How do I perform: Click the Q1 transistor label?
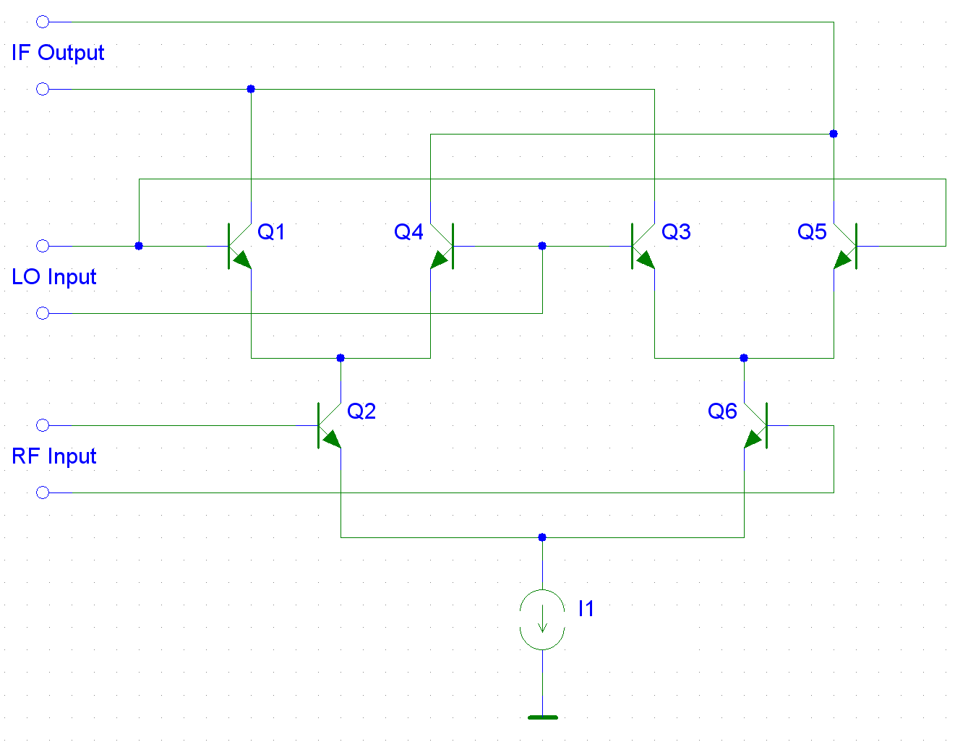[271, 231]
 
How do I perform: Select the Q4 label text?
[408, 231]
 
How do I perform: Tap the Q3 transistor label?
[676, 231]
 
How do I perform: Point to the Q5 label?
[812, 231]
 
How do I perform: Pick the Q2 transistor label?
[361, 411]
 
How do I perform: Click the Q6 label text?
[722, 411]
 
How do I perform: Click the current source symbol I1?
[542, 620]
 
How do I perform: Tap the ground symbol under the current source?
[543, 717]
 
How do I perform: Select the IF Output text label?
[57, 53]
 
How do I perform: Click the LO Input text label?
[54, 277]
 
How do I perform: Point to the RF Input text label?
[54, 456]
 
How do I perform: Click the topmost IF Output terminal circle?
[43, 22]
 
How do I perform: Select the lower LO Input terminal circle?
[43, 313]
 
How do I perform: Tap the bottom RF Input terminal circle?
[43, 492]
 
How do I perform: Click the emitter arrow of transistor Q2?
[332, 439]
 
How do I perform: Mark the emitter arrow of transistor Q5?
[843, 260]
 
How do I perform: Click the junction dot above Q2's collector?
[340, 358]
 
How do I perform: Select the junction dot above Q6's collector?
[744, 358]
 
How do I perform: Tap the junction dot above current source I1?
[542, 537]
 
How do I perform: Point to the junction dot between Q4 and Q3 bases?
[542, 246]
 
